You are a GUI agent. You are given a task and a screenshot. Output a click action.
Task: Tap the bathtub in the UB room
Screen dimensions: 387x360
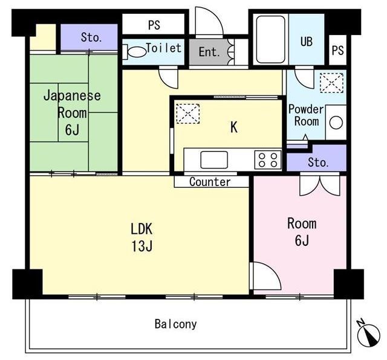pos(270,39)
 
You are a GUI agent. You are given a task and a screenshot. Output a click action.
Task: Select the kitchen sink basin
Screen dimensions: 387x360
pos(214,160)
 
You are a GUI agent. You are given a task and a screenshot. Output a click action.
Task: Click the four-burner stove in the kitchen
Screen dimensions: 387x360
pos(268,160)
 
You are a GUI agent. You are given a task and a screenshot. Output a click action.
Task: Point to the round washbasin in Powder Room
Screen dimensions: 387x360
pos(336,123)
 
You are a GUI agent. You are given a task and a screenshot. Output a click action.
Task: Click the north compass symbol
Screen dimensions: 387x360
pos(369,334)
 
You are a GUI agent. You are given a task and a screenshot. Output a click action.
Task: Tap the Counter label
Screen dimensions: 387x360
pos(210,182)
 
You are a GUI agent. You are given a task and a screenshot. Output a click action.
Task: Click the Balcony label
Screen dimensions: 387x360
pos(175,324)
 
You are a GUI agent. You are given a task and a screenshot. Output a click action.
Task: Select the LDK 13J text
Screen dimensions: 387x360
pos(141,237)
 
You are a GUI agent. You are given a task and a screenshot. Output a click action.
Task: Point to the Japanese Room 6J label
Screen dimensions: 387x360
pos(72,113)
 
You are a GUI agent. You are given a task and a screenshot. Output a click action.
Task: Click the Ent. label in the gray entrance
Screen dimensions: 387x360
pos(209,52)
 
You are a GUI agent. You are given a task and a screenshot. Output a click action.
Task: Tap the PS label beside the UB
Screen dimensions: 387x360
pos(337,51)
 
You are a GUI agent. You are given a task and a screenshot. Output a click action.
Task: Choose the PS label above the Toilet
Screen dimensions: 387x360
pos(154,25)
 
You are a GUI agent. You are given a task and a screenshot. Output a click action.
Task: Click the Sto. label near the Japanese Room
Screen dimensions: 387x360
pos(91,37)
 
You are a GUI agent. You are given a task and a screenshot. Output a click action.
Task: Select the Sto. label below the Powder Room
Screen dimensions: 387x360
pos(318,162)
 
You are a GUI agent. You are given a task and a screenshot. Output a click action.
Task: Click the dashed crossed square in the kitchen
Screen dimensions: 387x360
pos(188,114)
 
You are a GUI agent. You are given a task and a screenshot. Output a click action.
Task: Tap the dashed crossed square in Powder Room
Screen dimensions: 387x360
pos(331,83)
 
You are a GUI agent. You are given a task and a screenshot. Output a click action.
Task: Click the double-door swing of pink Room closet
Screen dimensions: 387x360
pos(320,184)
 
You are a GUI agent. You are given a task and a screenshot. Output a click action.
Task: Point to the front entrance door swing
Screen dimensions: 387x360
pos(209,22)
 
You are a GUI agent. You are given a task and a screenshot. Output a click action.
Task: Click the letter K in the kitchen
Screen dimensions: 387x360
pos(234,127)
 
